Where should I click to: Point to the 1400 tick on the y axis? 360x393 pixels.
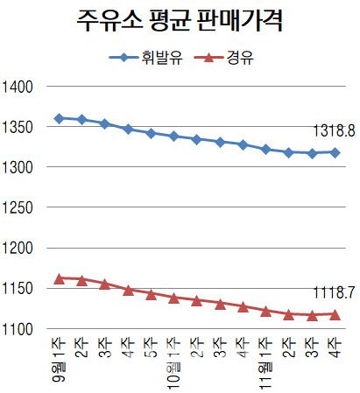(18, 87)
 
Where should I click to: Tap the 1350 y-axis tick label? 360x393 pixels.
(18, 127)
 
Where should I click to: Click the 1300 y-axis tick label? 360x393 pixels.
(18, 167)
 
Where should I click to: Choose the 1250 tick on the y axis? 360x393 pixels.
(18, 207)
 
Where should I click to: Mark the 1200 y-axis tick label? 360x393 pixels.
(18, 248)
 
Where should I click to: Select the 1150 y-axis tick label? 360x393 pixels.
(18, 288)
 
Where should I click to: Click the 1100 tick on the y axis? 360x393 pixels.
(18, 328)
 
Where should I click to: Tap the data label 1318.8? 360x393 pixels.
(334, 132)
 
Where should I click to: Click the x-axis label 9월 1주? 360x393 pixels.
(60, 364)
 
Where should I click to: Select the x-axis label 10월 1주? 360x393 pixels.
(174, 367)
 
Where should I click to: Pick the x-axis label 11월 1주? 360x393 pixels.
(265, 367)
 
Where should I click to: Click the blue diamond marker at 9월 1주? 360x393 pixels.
(59, 118)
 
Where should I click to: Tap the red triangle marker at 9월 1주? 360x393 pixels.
(59, 278)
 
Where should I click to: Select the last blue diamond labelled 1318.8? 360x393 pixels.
(335, 152)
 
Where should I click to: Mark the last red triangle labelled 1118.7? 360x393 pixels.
(335, 313)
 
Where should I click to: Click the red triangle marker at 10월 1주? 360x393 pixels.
(173, 298)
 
